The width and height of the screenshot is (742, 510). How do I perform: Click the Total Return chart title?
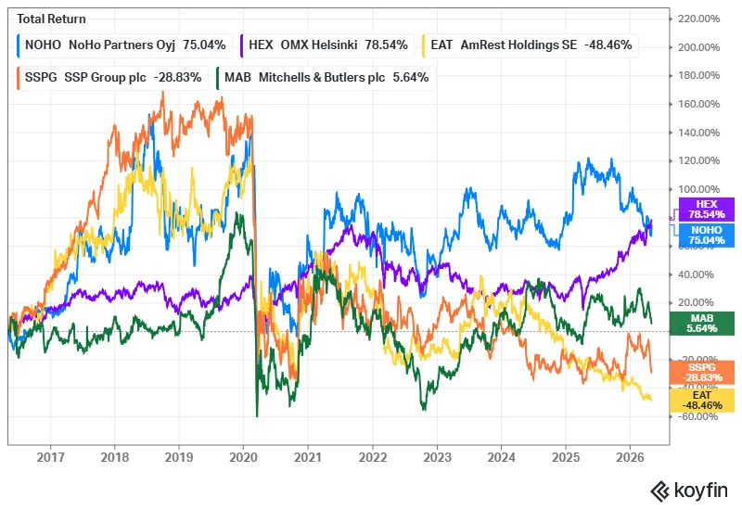coord(52,19)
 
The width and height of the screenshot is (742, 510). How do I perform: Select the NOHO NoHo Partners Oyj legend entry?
coord(124,45)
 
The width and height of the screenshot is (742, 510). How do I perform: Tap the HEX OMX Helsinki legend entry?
coord(327,45)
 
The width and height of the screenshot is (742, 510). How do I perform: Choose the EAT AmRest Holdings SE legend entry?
coord(530,45)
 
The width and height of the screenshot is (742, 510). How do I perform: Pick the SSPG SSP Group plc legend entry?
coord(112,78)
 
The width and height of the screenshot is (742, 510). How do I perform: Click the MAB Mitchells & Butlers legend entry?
coord(326,78)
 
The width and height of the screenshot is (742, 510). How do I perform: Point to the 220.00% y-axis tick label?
coord(699,19)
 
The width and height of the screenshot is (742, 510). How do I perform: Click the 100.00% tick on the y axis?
coord(699,189)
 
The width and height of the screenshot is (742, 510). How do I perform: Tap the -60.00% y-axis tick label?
coord(698,416)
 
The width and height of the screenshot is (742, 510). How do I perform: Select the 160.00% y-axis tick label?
coord(699,104)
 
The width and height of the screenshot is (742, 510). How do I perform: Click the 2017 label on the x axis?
coord(50,457)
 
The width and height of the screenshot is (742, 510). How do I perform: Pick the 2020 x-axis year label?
coord(243,457)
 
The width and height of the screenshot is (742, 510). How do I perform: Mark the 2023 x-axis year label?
coord(437,457)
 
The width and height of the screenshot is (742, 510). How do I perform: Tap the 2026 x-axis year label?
coord(630,457)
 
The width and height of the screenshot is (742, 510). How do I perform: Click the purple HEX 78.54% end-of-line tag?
coord(707,210)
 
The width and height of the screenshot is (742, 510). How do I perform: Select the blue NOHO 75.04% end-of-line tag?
coord(707,236)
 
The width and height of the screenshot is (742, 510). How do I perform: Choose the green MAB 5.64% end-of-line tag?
coord(702,324)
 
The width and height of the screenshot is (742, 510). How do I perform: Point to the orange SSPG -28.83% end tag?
coord(702,373)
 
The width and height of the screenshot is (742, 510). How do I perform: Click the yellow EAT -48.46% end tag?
coord(702,401)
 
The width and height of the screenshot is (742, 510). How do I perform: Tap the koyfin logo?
coord(689,491)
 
